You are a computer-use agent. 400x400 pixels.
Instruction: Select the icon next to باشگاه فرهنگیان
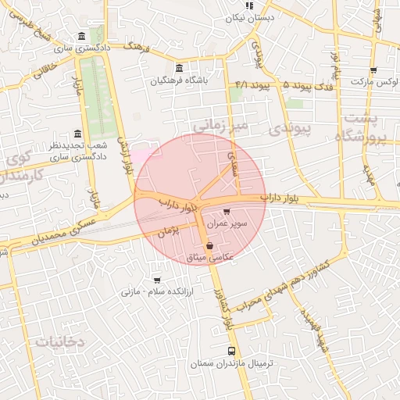180,68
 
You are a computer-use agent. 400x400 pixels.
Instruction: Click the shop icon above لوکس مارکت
373,69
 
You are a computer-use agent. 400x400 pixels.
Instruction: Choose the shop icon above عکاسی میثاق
209,245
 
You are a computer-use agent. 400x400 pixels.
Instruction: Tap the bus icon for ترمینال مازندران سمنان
230,352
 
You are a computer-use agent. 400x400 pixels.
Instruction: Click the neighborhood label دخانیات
60,341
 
